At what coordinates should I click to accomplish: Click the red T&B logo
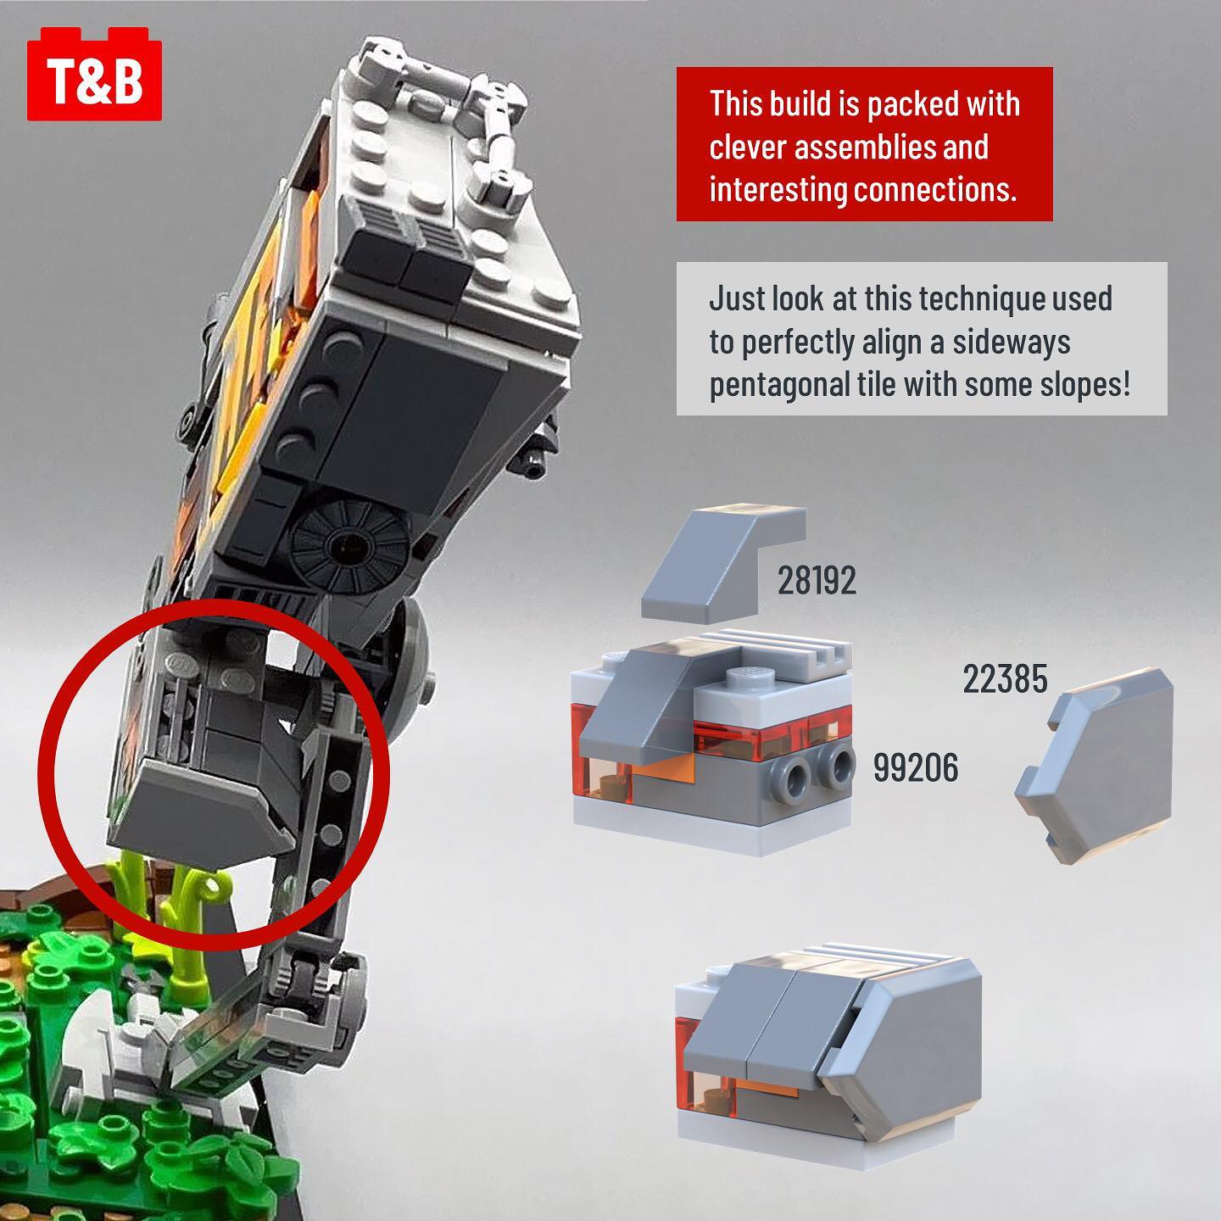94,75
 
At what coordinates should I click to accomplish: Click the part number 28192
816,581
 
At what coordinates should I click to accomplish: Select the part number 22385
1005,678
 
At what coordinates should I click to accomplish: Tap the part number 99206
916,768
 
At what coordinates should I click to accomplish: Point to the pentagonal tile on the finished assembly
903,1047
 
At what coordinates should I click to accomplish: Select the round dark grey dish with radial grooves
349,541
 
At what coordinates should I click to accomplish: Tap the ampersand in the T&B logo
95,81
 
